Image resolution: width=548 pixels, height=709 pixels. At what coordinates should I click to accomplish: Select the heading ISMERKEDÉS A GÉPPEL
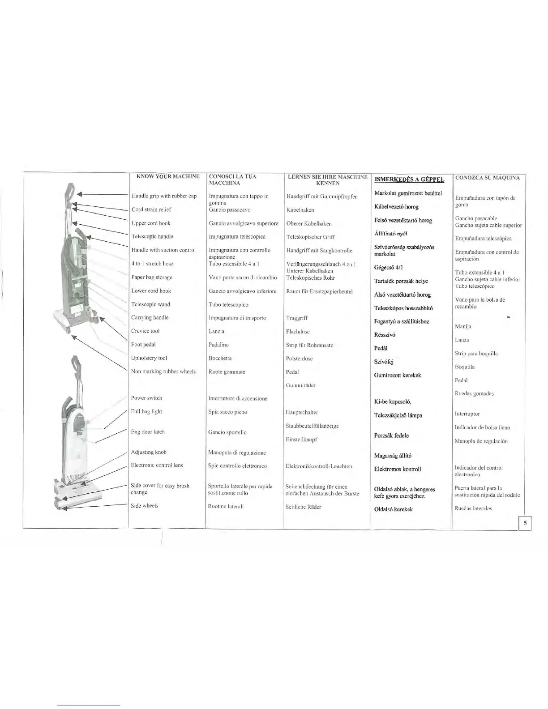[409, 179]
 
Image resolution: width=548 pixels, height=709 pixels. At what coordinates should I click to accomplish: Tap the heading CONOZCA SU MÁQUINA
[488, 178]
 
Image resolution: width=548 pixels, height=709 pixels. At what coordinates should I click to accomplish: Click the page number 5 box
[525, 523]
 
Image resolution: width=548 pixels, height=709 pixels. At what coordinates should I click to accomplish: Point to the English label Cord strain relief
[151, 209]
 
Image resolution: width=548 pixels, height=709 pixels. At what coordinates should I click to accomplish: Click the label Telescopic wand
[150, 304]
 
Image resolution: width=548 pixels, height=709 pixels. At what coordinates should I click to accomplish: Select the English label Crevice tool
[145, 331]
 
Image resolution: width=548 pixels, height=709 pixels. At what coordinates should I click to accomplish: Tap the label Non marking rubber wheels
[163, 372]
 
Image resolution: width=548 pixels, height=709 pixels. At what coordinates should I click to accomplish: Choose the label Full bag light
[146, 411]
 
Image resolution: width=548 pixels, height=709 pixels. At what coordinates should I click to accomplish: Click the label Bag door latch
[148, 432]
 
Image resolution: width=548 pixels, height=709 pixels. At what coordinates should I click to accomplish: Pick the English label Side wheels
[144, 506]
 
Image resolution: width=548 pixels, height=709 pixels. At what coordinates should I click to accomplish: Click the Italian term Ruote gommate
[227, 372]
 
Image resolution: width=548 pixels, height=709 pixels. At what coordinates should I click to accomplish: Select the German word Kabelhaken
[300, 210]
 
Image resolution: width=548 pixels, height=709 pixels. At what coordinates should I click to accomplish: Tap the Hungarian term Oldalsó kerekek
[393, 509]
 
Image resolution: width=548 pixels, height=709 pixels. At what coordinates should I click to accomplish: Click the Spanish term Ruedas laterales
[473, 508]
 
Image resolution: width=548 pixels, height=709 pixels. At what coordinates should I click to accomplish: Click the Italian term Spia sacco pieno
[228, 412]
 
